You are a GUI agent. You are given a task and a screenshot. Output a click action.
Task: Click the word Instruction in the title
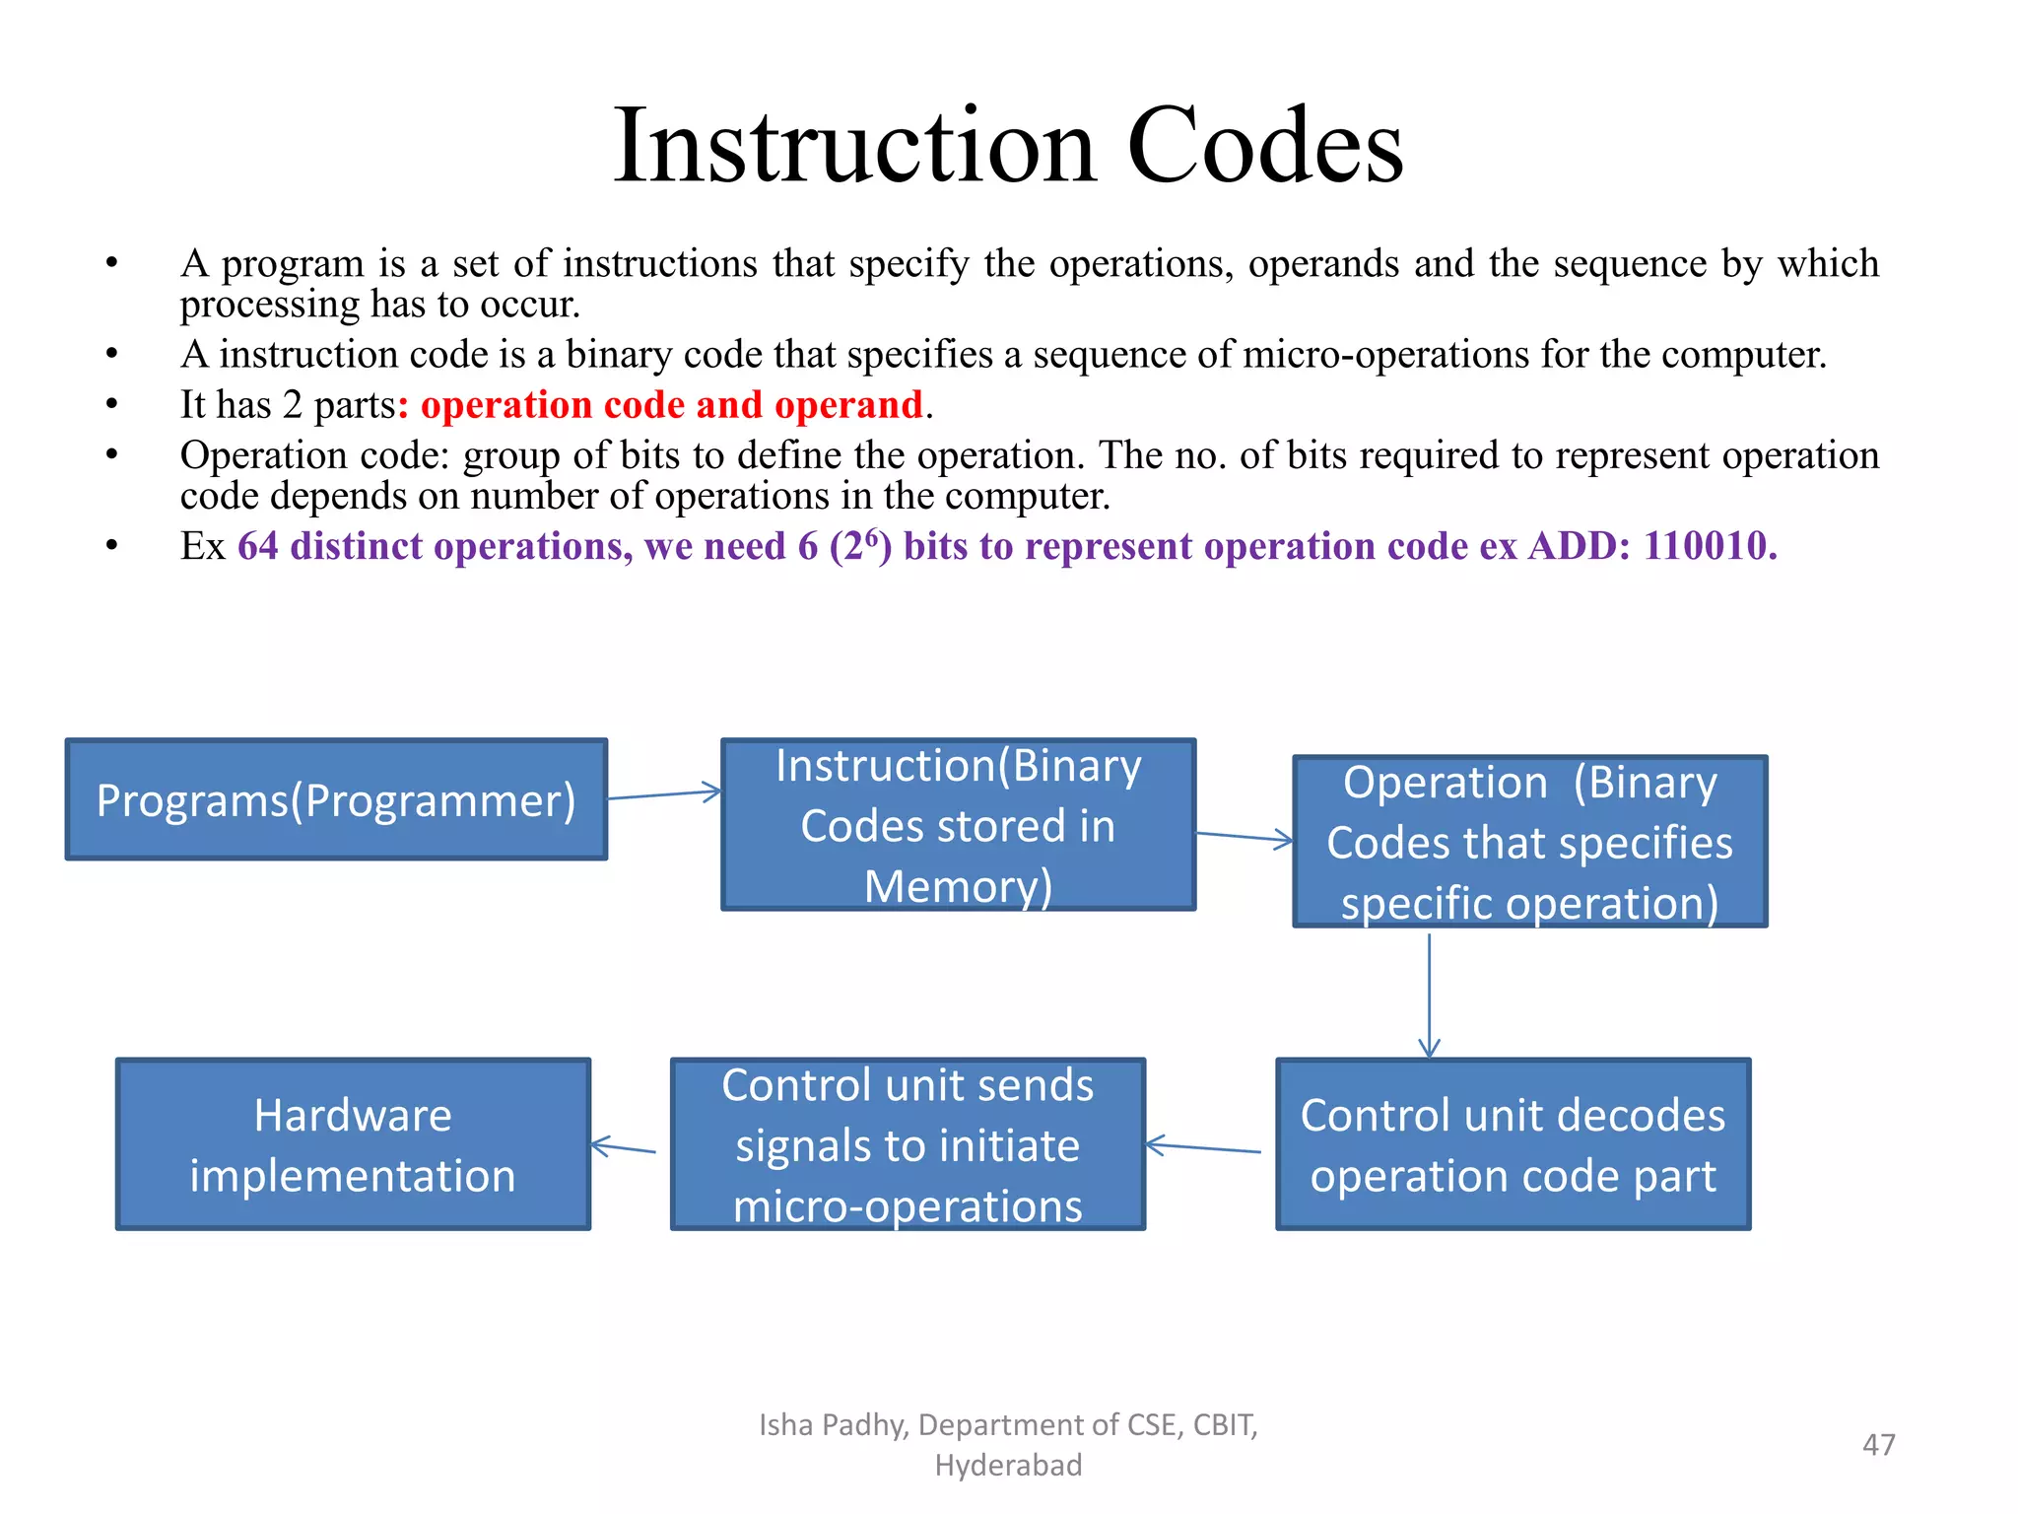click(x=854, y=147)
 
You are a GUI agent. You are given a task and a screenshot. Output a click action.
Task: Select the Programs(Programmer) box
click(x=336, y=799)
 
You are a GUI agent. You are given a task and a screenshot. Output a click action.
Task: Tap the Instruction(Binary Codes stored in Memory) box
click(x=958, y=825)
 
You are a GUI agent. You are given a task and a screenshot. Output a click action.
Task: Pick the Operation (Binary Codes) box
click(x=1529, y=842)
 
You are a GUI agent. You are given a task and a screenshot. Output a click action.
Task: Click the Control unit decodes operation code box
click(x=1513, y=1144)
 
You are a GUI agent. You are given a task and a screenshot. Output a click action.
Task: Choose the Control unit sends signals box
click(x=908, y=1144)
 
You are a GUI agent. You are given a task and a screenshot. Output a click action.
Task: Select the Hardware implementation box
click(x=353, y=1144)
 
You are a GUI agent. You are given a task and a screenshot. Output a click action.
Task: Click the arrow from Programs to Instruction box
click(x=664, y=794)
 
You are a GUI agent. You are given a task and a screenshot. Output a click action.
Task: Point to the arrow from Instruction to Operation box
click(x=1244, y=837)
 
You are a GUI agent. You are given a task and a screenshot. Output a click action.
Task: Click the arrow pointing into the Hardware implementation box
click(x=624, y=1147)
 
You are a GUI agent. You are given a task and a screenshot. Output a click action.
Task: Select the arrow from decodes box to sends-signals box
click(x=1203, y=1147)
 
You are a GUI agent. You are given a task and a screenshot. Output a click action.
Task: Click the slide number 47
click(x=1878, y=1444)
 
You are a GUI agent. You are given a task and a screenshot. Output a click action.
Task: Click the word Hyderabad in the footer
click(x=1008, y=1465)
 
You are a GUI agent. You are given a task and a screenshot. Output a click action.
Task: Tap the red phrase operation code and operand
click(x=672, y=405)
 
